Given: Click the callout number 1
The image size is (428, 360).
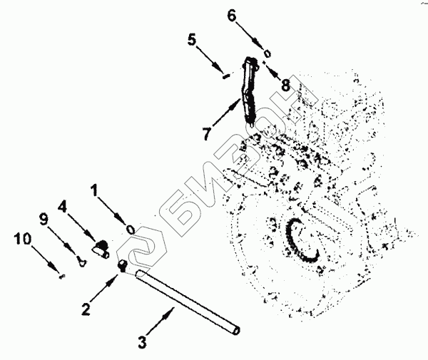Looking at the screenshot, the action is tap(95, 190).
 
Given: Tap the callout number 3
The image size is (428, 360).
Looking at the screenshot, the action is tap(141, 342).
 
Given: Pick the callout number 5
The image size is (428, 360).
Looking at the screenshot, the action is tap(193, 39).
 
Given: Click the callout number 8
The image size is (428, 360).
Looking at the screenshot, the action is tap(285, 84).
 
